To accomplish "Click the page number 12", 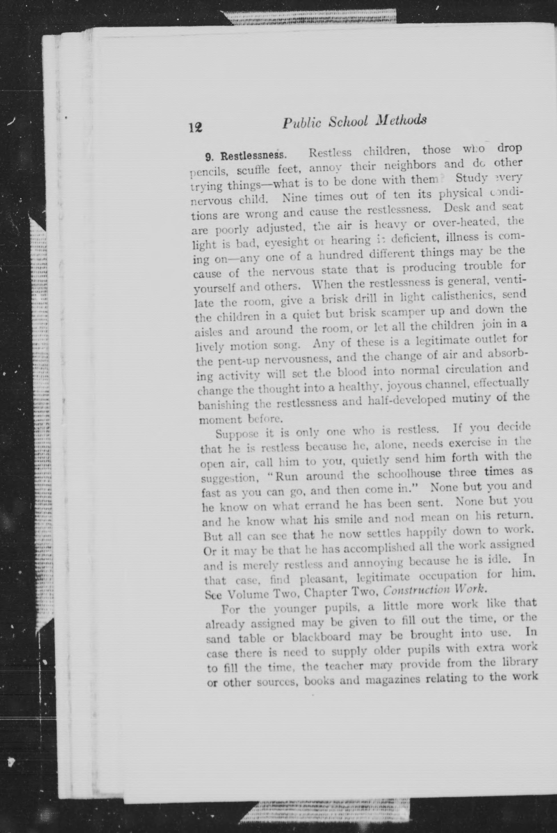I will point(195,127).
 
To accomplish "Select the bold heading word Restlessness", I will point(253,155).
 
